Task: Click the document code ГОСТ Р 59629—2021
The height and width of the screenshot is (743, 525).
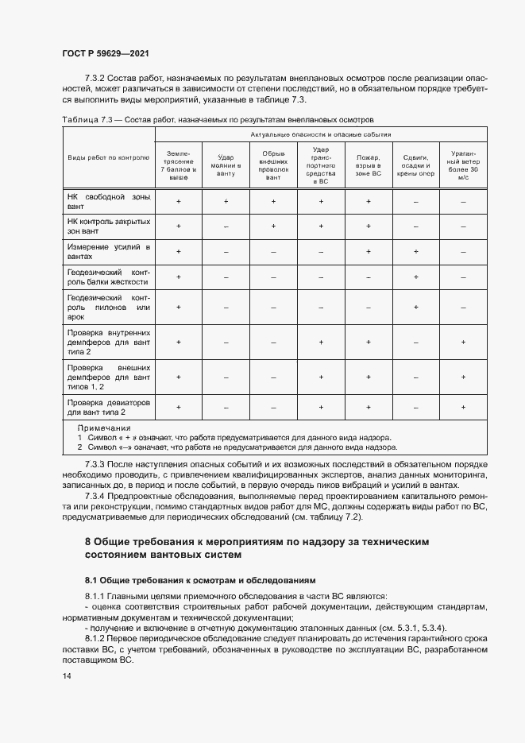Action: click(x=106, y=53)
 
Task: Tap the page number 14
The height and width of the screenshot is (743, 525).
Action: click(x=66, y=675)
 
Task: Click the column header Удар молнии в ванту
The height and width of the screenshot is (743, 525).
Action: click(x=226, y=161)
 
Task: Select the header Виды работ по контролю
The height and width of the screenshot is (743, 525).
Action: click(x=108, y=157)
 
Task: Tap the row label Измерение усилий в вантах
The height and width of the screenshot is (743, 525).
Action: click(x=108, y=252)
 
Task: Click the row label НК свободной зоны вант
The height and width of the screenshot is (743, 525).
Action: click(x=108, y=201)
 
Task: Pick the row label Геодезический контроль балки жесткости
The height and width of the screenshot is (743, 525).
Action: click(x=108, y=277)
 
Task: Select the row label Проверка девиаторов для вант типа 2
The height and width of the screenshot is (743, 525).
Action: click(x=108, y=407)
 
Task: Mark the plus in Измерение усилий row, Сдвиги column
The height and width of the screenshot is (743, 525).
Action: click(x=416, y=252)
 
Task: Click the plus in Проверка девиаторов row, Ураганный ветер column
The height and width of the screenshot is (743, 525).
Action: click(x=463, y=407)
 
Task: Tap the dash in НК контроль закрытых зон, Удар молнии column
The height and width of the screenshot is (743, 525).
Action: click(x=226, y=226)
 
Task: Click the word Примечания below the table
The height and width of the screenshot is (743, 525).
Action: click(x=104, y=428)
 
